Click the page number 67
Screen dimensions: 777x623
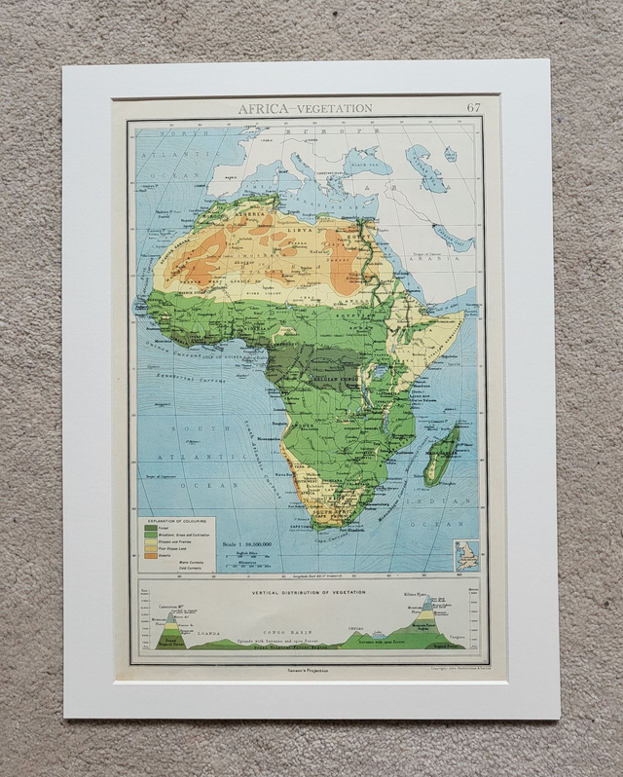[473, 107]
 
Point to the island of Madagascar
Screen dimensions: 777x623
[442, 456]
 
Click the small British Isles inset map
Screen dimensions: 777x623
[466, 555]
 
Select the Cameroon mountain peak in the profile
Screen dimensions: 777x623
[171, 616]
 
